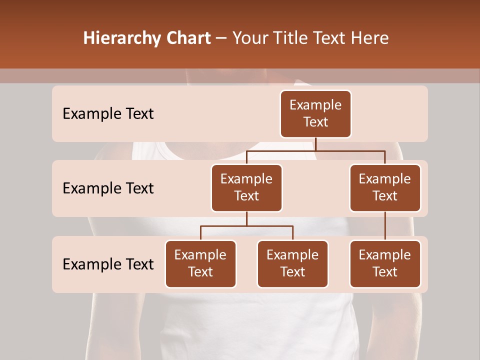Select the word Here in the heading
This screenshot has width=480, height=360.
coord(370,38)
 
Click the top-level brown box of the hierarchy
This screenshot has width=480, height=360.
coord(315,113)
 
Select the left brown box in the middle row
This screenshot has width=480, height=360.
coord(246,187)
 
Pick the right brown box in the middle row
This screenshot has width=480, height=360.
coord(385,187)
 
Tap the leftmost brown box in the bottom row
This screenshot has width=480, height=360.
coord(200,263)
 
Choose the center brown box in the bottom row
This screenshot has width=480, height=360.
coord(292,263)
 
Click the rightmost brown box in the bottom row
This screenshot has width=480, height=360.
coord(385,263)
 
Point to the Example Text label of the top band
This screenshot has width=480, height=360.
coord(108,114)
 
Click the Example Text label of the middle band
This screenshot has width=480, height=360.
coord(108,188)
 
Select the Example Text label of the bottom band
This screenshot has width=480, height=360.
coord(108,264)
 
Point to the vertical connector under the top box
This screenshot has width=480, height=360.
coord(315,144)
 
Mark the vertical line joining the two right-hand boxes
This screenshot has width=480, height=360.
coord(385,225)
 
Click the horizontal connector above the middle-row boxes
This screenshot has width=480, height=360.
coord(315,150)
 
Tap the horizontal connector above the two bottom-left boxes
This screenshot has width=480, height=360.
coord(246,226)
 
